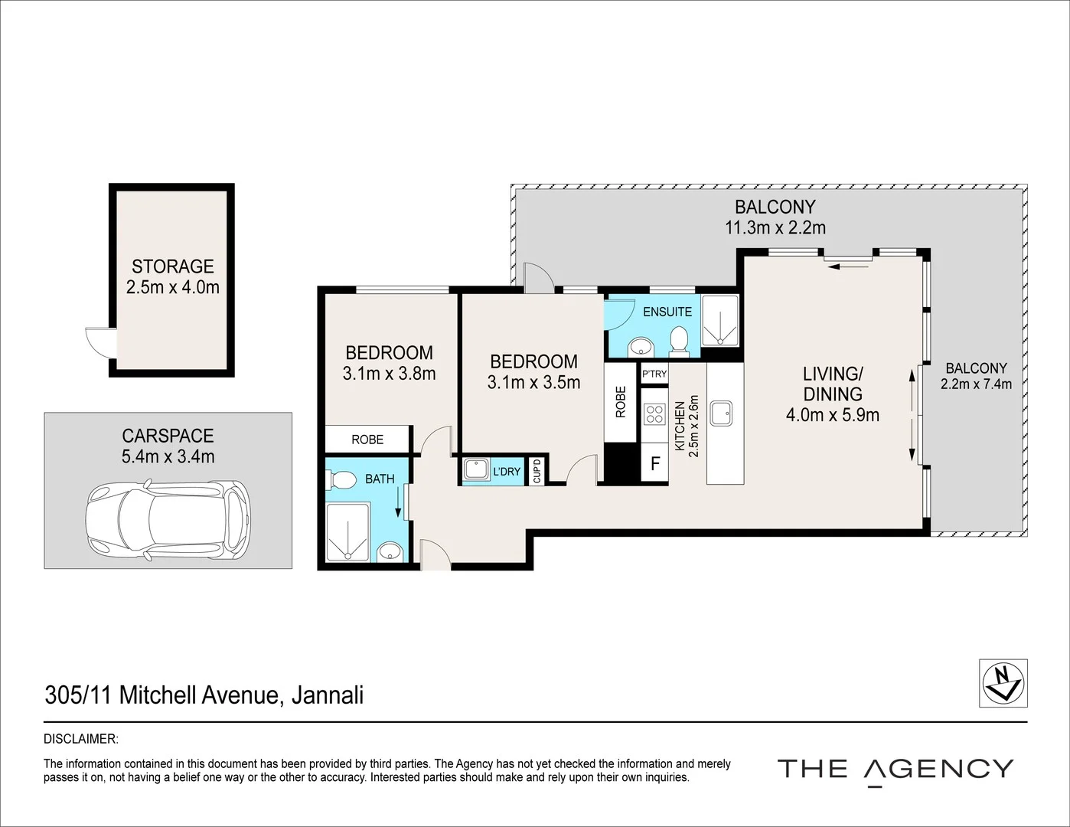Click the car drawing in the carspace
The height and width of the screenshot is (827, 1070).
(168, 518)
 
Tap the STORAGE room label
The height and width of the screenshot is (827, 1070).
(172, 266)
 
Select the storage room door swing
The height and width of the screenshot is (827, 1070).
(99, 342)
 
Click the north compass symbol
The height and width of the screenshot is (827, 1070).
(1003, 682)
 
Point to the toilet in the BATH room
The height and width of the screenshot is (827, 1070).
(341, 481)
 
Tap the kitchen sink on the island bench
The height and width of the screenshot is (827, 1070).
(720, 413)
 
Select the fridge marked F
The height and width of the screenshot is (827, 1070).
(655, 463)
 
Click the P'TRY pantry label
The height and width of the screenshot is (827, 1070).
(654, 374)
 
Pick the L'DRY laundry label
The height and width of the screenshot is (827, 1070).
(506, 472)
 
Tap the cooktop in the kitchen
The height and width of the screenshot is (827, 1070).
(654, 414)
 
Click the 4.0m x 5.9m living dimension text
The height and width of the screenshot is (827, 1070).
(832, 415)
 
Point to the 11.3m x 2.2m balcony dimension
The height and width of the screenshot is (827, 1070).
(775, 227)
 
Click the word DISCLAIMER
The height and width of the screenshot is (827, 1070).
(81, 740)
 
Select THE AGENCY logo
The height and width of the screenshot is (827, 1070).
(895, 769)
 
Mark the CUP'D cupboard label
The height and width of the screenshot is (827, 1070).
(537, 471)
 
